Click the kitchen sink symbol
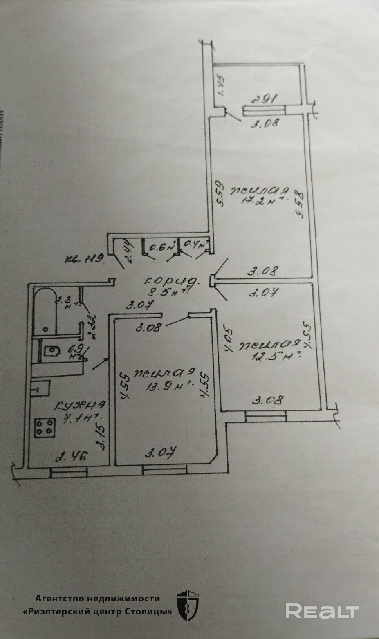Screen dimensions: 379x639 41,388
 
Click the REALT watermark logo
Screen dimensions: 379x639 322,611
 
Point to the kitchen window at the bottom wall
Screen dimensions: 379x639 69,472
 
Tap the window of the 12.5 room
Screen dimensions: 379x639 266,416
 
